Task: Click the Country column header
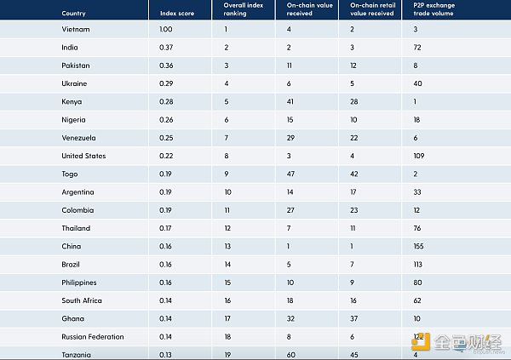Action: (x=73, y=14)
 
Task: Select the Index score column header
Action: (x=177, y=14)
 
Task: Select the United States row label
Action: (x=83, y=156)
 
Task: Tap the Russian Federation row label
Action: (x=93, y=336)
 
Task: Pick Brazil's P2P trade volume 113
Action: (x=417, y=264)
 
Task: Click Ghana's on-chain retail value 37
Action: (x=354, y=318)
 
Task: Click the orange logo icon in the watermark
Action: (x=419, y=342)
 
